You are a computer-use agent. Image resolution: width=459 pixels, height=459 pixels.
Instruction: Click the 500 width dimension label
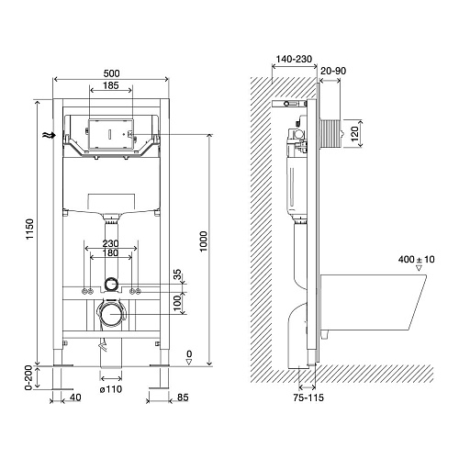[x=111, y=73]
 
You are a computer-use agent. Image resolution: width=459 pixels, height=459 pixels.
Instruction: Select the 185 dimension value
[x=110, y=85]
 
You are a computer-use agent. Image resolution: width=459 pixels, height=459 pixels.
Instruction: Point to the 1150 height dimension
[x=29, y=229]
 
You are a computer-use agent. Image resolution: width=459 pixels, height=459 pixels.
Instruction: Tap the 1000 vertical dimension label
[x=204, y=241]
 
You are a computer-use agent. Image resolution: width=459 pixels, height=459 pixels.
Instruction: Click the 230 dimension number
[x=110, y=243]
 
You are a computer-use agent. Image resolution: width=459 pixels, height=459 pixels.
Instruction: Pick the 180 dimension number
[x=110, y=252]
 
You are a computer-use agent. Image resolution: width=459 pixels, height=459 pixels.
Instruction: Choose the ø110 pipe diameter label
[x=111, y=389]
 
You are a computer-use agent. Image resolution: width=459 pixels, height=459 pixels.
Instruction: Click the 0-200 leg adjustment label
[x=28, y=377]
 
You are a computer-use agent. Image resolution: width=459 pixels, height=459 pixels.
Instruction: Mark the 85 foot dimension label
[x=183, y=397]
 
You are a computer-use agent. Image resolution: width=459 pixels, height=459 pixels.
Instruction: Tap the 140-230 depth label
[x=294, y=59]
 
